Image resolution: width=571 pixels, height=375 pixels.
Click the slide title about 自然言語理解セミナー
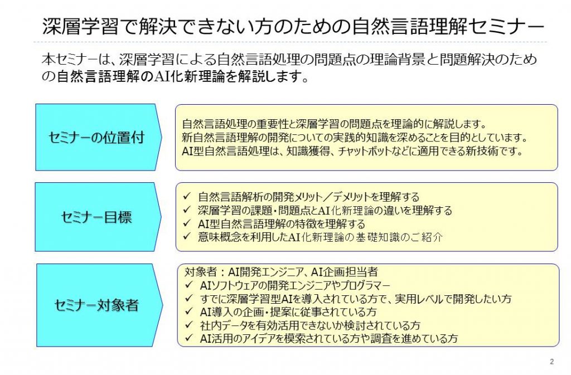(293, 26)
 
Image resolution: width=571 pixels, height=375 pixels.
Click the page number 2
(551, 362)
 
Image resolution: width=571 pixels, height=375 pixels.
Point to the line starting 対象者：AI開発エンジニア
(281, 272)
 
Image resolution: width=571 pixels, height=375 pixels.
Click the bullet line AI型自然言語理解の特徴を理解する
(282, 223)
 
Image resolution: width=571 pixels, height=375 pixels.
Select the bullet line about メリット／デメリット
(309, 197)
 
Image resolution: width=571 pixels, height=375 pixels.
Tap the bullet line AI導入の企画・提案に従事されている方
(288, 311)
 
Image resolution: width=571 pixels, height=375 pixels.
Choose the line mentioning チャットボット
(352, 150)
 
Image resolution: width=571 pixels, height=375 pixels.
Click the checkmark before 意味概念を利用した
(187, 237)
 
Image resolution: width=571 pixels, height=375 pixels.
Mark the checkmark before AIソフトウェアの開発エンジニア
(189, 285)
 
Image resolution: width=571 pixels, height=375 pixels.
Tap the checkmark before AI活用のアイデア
(189, 338)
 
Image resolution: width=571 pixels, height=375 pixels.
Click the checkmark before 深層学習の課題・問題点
(187, 210)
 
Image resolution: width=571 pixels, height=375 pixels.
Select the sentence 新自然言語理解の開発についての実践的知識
(355, 137)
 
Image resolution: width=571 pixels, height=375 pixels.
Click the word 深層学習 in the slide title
(80, 26)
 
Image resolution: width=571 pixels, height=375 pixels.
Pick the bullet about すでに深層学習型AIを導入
(356, 299)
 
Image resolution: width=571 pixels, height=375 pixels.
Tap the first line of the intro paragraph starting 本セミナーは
(289, 59)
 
